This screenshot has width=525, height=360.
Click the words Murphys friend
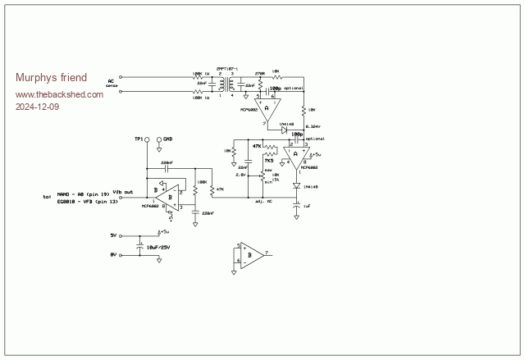tap(46, 78)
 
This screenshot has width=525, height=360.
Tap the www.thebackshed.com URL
tap(60, 94)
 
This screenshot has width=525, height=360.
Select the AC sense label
tap(112, 83)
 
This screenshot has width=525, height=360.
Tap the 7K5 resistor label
tap(268, 161)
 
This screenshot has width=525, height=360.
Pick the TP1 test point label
tap(139, 139)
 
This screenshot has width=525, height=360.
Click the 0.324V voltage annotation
tap(313, 126)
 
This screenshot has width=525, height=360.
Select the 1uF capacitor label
tap(306, 207)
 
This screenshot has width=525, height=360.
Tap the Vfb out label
tap(123, 191)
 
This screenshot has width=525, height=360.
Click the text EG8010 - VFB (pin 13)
tap(84, 201)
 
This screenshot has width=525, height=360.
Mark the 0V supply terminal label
tap(114, 255)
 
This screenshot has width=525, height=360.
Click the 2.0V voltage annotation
tap(240, 175)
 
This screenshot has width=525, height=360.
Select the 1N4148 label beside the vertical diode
tap(312, 187)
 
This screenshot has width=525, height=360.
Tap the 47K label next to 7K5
tap(257, 146)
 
